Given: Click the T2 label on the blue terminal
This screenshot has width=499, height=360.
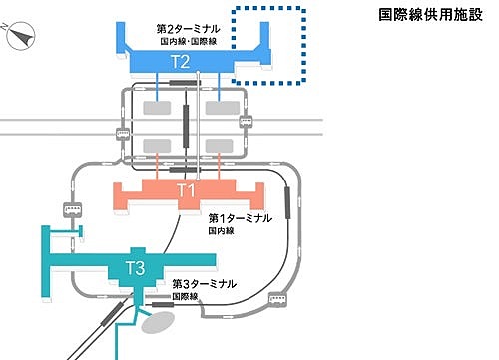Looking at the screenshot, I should point(181,61).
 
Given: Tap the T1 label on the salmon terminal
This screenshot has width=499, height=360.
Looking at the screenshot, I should point(186,189).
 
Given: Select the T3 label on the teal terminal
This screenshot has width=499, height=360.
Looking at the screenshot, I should point(136,267).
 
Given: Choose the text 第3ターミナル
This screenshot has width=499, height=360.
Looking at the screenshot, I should point(204,284).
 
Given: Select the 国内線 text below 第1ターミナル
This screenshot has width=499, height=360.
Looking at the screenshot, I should point(221,230).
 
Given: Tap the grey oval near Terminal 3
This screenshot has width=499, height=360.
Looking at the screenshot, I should point(158,323).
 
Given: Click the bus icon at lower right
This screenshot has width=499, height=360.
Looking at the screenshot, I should point(276,296).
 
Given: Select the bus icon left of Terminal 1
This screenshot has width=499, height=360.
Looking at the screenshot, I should point(72,210).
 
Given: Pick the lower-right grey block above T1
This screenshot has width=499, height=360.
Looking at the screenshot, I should point(219,147).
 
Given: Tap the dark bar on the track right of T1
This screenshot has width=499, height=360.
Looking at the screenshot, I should point(289,205).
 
